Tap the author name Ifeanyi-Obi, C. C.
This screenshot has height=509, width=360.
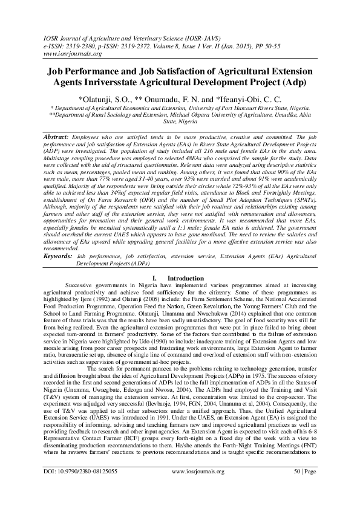tap(249, 98)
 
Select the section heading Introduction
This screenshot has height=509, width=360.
tap(185, 277)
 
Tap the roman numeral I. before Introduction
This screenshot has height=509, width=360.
tap(154, 277)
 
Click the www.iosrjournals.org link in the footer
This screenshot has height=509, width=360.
tap(198, 488)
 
